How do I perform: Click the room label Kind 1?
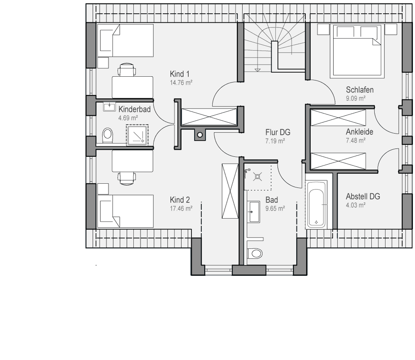pyautogui.click(x=180, y=74)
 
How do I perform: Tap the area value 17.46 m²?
pyautogui.click(x=181, y=209)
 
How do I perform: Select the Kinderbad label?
pyautogui.click(x=134, y=109)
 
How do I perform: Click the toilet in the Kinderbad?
pyautogui.click(x=107, y=135)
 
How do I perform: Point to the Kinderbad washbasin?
pyautogui.click(x=109, y=107)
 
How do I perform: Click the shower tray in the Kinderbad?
pyautogui.click(x=137, y=135)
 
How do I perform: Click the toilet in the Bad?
pyautogui.click(x=255, y=253)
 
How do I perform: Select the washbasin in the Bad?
pyautogui.click(x=253, y=212)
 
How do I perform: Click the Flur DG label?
pyautogui.click(x=278, y=132)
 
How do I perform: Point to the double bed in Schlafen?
pyautogui.click(x=357, y=51)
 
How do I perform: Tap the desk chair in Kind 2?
pyautogui.click(x=127, y=178)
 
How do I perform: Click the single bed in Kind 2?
pyautogui.click(x=125, y=211)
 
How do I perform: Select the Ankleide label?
pyautogui.click(x=359, y=132)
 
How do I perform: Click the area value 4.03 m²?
pyautogui.click(x=356, y=205)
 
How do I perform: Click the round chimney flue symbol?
pyautogui.click(x=200, y=135)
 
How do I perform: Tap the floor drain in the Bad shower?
pyautogui.click(x=258, y=176)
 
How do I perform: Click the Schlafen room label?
pyautogui.click(x=360, y=90)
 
